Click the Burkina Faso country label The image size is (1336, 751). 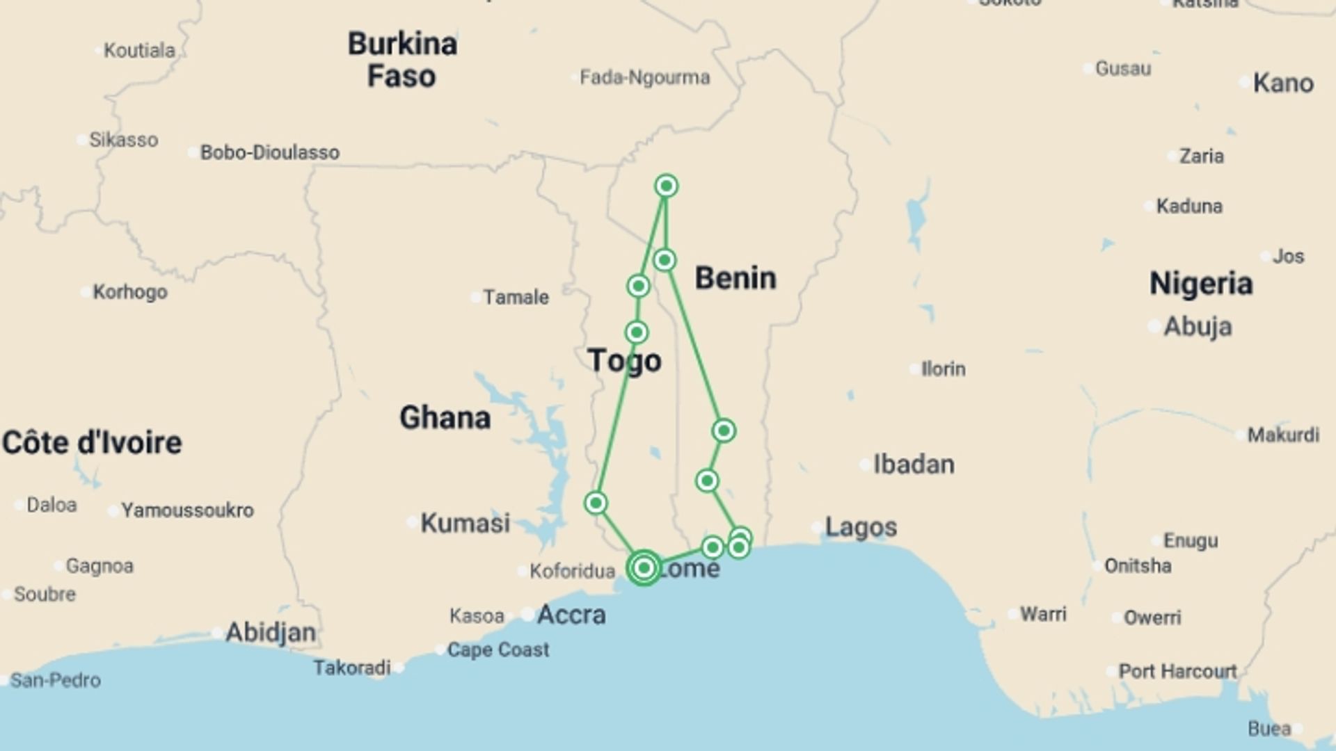(x=402, y=60)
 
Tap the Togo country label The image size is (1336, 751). (x=624, y=361)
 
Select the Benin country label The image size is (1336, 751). (x=735, y=278)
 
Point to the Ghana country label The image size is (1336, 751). (x=445, y=418)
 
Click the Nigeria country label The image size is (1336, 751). (x=1201, y=284)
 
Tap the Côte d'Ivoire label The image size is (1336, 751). (x=92, y=443)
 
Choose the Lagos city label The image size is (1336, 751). (x=861, y=527)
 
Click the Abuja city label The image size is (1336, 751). (x=1198, y=326)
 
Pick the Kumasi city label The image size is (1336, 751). (x=465, y=523)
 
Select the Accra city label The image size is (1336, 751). (x=571, y=615)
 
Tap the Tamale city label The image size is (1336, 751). (x=516, y=298)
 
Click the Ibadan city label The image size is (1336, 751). (x=914, y=464)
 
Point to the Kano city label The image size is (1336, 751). (x=1283, y=83)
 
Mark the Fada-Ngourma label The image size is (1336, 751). (x=644, y=77)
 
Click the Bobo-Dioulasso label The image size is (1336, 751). (x=269, y=152)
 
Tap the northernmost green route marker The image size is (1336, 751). (x=667, y=186)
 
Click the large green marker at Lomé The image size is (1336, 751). (x=644, y=567)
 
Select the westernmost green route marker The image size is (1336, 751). (x=596, y=503)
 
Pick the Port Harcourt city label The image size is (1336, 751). (x=1177, y=671)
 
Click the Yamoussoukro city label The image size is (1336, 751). (x=187, y=510)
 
